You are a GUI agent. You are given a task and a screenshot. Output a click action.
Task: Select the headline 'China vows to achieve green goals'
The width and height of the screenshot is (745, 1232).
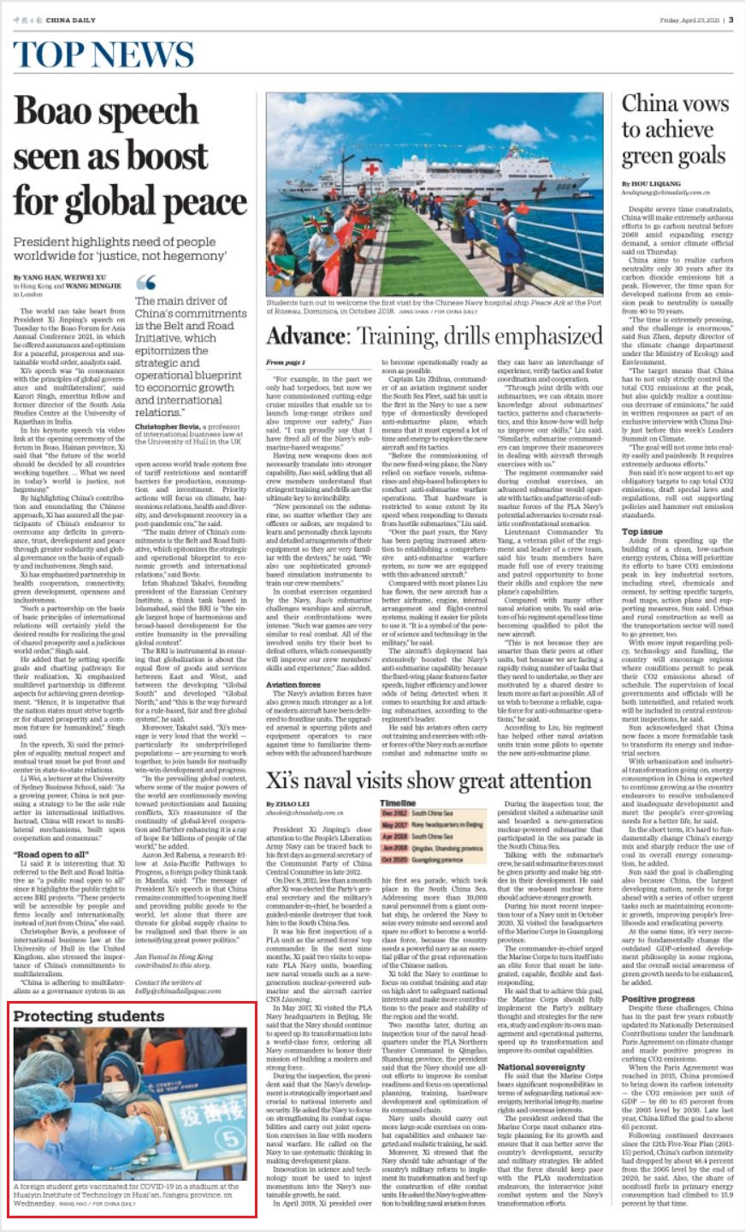(674, 130)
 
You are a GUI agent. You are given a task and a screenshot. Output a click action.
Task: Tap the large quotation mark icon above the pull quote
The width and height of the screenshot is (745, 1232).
(146, 282)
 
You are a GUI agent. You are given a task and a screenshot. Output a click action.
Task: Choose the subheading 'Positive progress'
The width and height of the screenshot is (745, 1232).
(658, 974)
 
